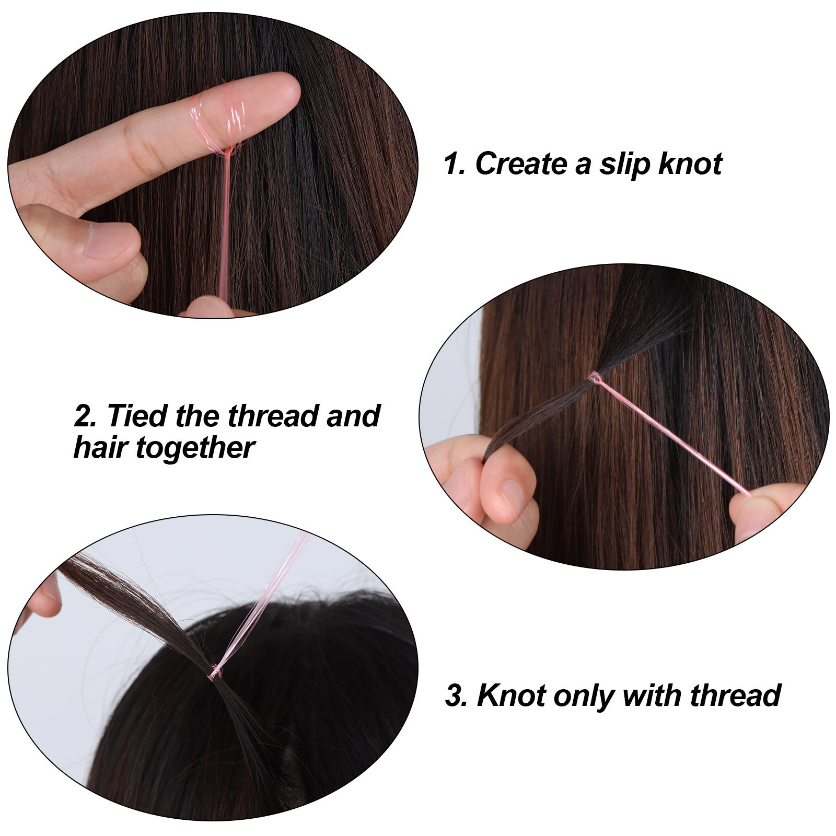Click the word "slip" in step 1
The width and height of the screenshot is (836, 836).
pos(624,164)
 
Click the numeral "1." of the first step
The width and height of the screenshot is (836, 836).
pos(454,164)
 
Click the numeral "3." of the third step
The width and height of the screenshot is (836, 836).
pos(457,695)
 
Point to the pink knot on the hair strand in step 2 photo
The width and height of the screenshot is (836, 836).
pos(595,377)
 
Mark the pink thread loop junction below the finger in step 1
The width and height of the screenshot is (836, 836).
pos(228,151)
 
